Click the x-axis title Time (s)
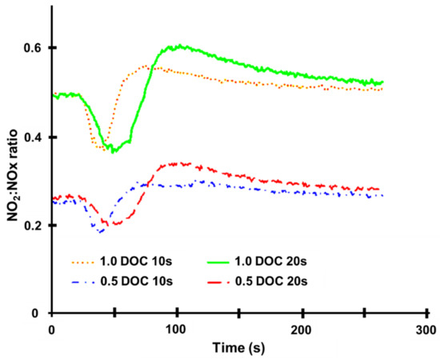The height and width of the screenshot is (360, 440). (238, 348)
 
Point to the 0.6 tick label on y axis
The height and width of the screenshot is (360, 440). (32, 48)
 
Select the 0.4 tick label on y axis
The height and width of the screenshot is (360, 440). (32, 138)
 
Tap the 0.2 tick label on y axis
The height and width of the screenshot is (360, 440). (32, 226)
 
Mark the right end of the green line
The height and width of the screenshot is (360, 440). (383, 82)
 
